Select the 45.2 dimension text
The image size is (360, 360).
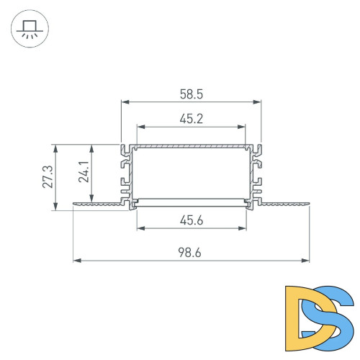pyautogui.click(x=191, y=119)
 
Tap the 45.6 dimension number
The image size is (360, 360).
pyautogui.click(x=191, y=221)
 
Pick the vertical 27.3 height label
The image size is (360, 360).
pyautogui.click(x=46, y=177)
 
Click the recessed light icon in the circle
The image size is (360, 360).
pyautogui.click(x=30, y=30)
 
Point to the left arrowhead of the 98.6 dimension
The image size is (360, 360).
pyautogui.click(x=76, y=260)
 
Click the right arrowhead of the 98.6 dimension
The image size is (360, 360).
pyautogui.click(x=307, y=260)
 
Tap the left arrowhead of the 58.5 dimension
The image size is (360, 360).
pyautogui.click(x=123, y=103)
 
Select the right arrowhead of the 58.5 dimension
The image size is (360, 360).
pyautogui.click(x=259, y=103)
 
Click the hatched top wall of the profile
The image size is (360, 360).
pyautogui.click(x=191, y=146)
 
